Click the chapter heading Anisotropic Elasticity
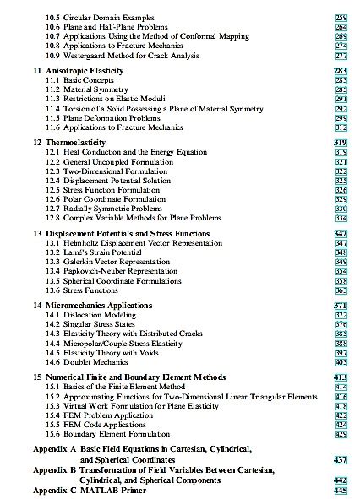tap(84, 70)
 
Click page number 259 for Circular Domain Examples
tap(341, 17)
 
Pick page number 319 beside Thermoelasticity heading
tap(341, 143)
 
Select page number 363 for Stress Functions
tap(341, 290)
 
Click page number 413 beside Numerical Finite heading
tap(341, 377)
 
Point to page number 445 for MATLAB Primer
tap(341, 490)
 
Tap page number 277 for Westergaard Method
tap(341, 54)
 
